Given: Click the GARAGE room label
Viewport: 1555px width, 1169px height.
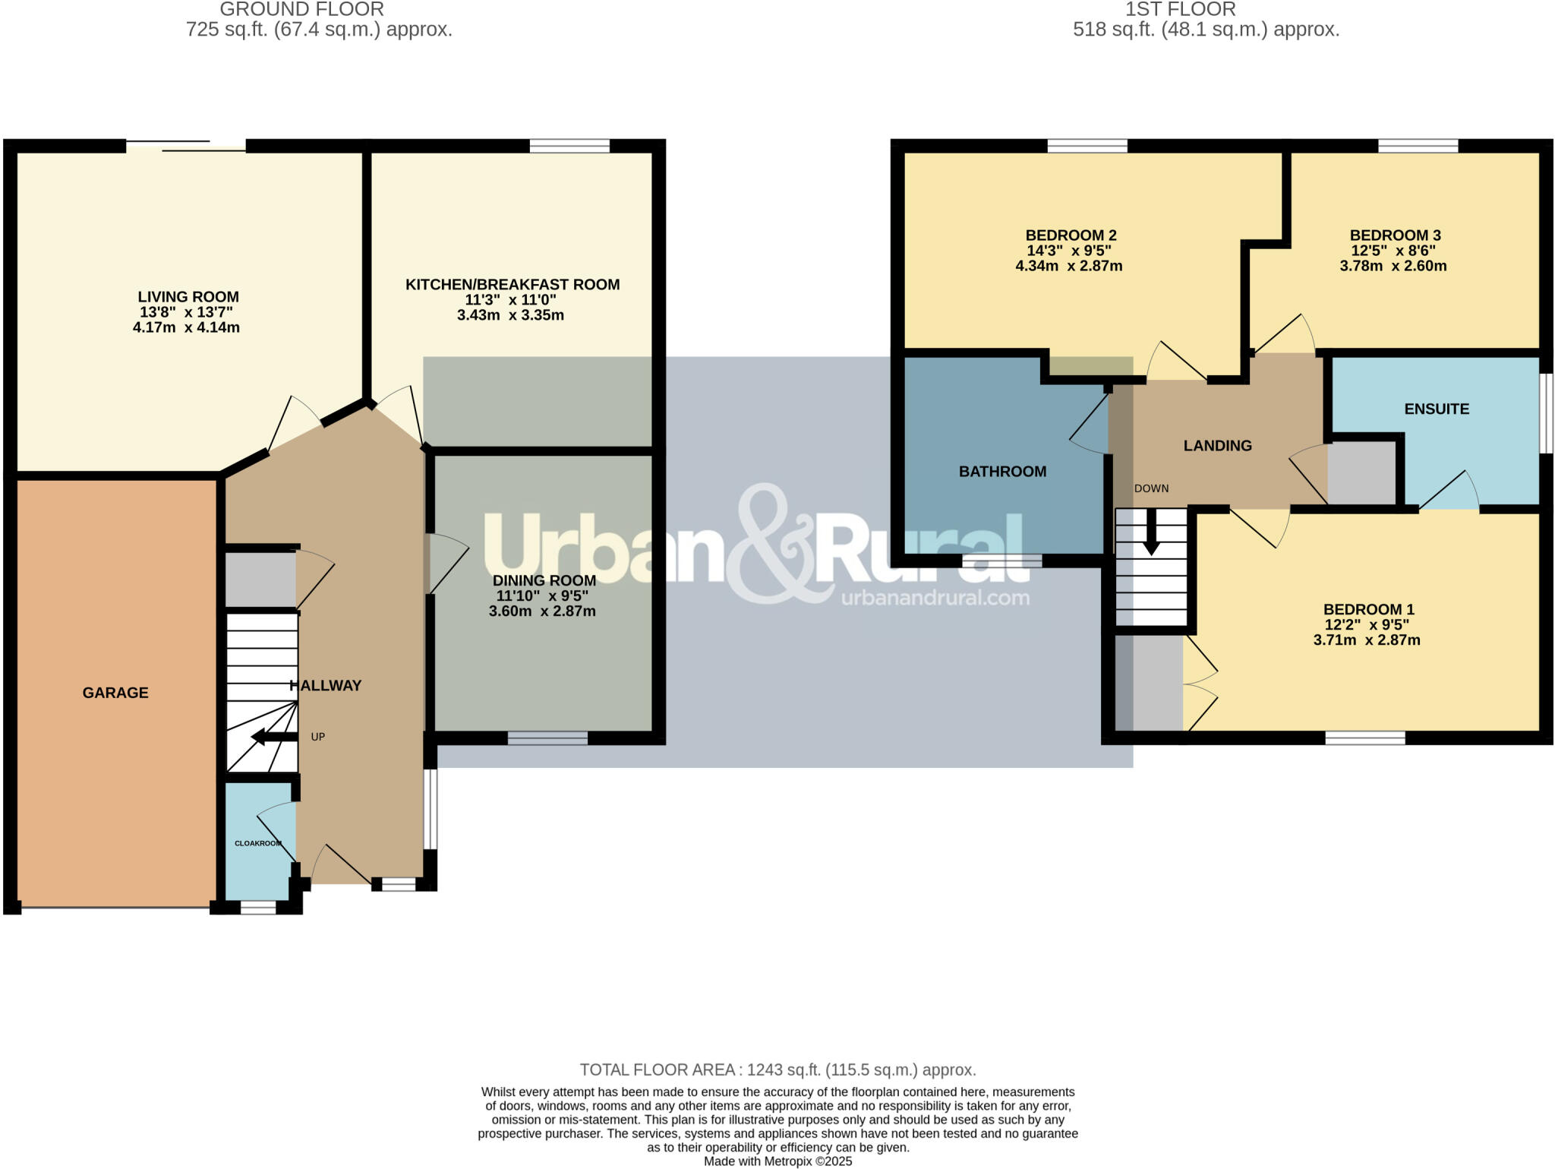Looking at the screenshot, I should click(x=115, y=693).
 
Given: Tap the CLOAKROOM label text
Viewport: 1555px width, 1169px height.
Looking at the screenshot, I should click(x=258, y=843).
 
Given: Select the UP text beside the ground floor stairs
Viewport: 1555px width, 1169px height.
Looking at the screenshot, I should click(x=317, y=737).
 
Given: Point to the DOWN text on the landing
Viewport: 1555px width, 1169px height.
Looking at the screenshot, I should click(x=1151, y=488).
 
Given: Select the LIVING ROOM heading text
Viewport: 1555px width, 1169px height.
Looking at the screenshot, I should click(x=188, y=297).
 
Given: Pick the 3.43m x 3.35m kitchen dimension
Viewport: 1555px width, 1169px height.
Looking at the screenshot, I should click(x=510, y=315).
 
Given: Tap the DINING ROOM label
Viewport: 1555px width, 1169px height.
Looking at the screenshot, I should click(x=544, y=580).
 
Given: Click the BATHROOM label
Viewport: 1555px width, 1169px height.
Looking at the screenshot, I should click(x=1002, y=472).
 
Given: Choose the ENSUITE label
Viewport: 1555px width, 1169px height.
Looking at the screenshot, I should click(x=1436, y=409).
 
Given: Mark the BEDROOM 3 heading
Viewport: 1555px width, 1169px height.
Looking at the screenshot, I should click(x=1395, y=235).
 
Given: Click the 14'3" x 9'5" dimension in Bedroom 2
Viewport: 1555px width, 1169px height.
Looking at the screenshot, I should click(x=1069, y=251).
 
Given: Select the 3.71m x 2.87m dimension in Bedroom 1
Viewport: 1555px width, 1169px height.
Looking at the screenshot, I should click(x=1367, y=640).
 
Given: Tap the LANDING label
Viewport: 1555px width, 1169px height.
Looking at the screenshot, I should click(x=1217, y=446).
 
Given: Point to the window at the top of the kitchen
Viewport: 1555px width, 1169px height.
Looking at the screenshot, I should click(x=569, y=146).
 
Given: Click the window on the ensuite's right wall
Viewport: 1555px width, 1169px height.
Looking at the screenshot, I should click(x=1546, y=413).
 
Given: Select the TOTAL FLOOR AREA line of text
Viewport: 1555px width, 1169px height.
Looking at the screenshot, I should click(x=777, y=1069).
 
